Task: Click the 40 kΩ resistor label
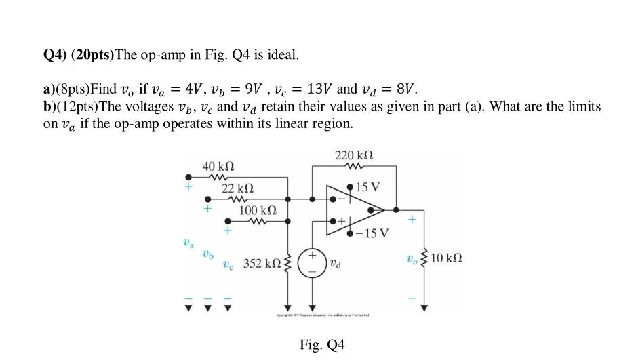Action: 218,166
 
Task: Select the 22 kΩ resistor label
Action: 237,188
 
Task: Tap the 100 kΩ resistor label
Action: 258,211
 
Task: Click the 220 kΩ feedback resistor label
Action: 354,156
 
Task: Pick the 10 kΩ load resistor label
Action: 446,258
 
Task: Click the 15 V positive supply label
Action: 367,187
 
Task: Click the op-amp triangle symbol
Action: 353,209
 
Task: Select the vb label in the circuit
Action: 207,255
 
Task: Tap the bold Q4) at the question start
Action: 55,54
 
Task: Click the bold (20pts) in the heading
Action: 93,54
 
